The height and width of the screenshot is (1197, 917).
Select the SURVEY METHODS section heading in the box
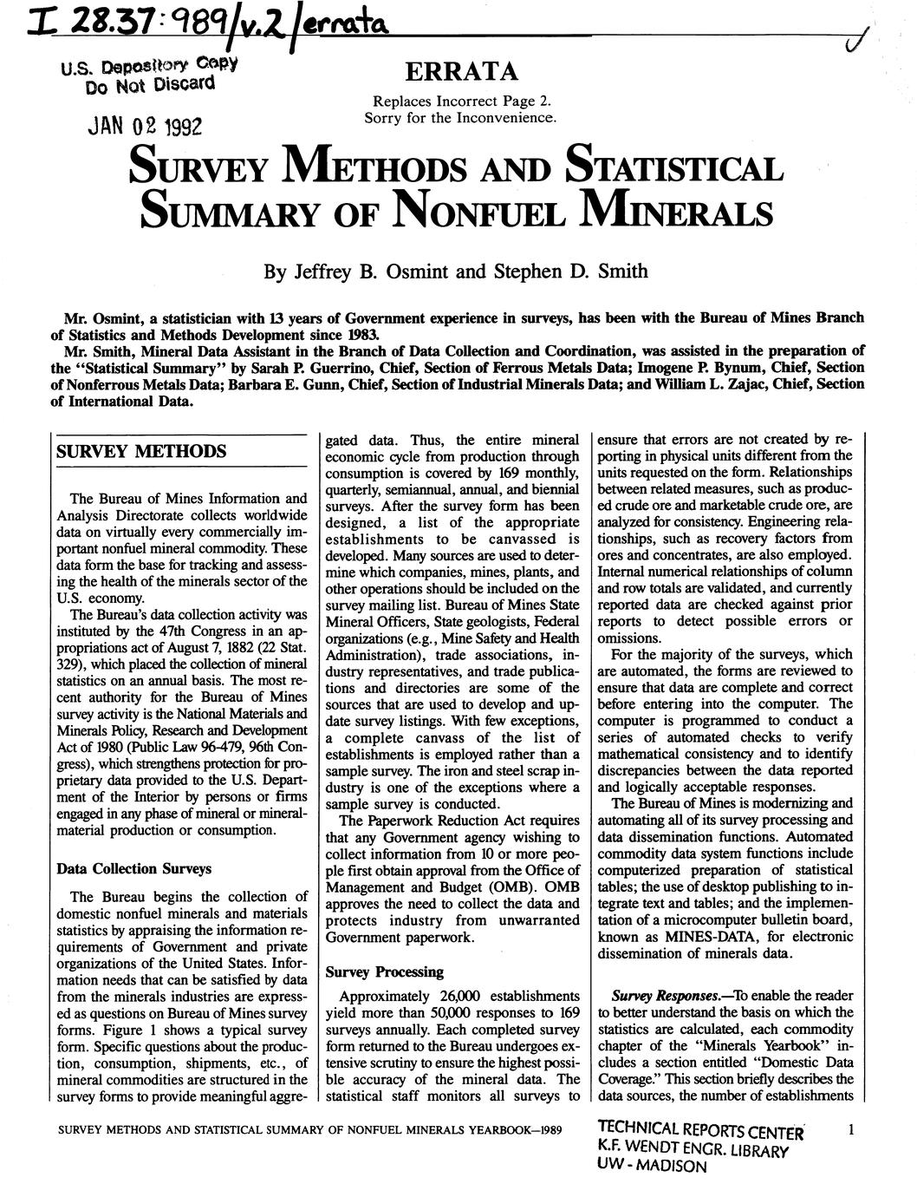140,452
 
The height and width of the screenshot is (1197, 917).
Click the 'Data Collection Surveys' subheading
132,868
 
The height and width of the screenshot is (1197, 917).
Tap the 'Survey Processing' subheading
384,971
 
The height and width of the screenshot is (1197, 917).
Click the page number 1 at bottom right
852,1129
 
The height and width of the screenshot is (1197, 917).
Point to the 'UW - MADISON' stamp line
652,1167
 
